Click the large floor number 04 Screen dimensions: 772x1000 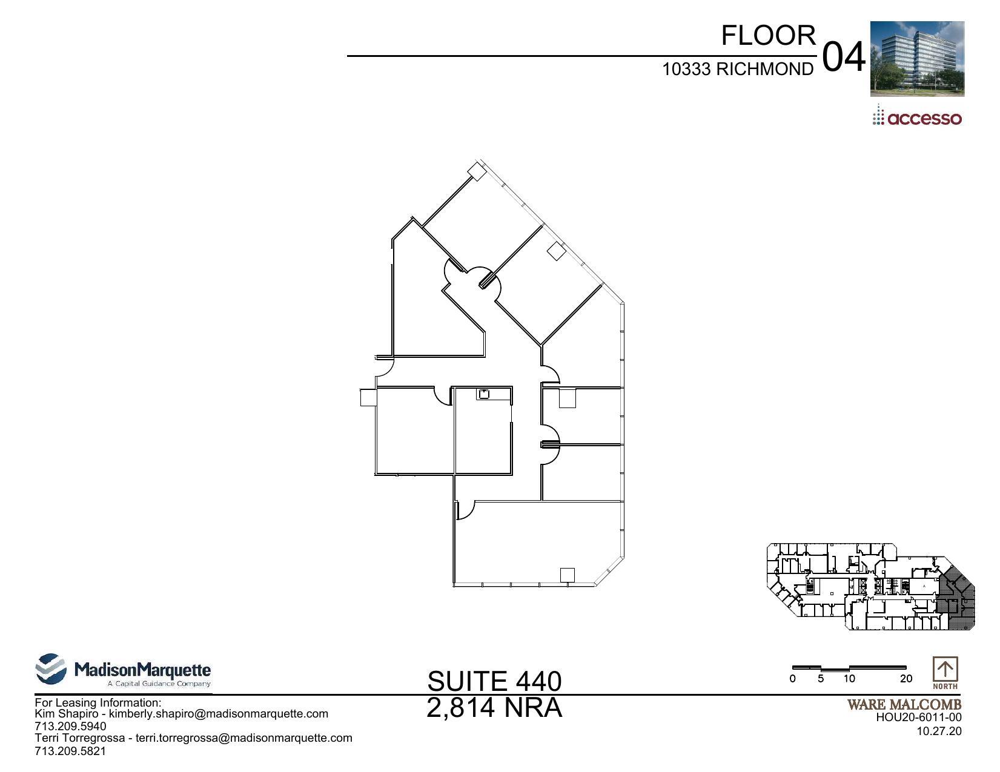(844, 58)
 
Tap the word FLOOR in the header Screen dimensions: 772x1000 (768, 36)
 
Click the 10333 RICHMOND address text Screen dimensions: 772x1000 (737, 70)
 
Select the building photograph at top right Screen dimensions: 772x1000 (916, 59)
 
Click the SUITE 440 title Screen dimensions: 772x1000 (494, 681)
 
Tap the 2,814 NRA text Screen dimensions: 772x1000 (494, 708)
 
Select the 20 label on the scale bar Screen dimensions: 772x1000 (906, 679)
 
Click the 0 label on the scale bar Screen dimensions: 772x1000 (792, 679)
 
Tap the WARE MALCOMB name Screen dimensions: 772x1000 (904, 705)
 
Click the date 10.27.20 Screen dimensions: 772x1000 (939, 731)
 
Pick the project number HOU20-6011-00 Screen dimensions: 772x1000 (918, 718)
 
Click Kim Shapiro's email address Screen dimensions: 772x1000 (218, 714)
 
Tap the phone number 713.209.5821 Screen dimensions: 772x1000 (70, 751)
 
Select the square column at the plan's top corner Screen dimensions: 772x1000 (477, 172)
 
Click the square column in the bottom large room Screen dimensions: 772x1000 (567, 575)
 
